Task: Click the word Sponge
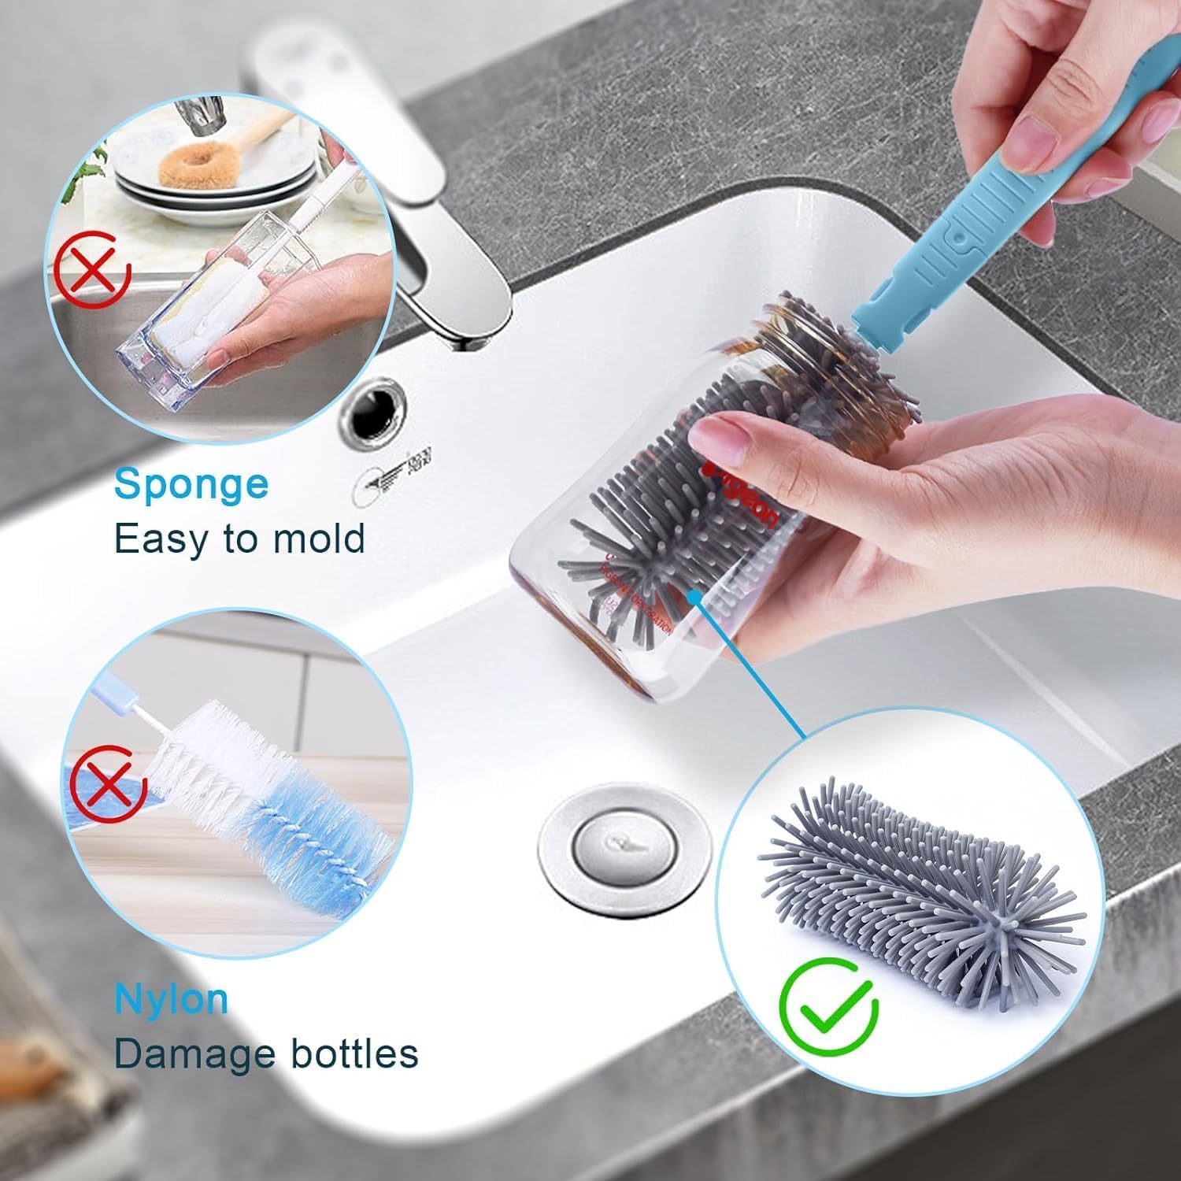(191, 484)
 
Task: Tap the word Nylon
(171, 999)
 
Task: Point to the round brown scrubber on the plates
(189, 165)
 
